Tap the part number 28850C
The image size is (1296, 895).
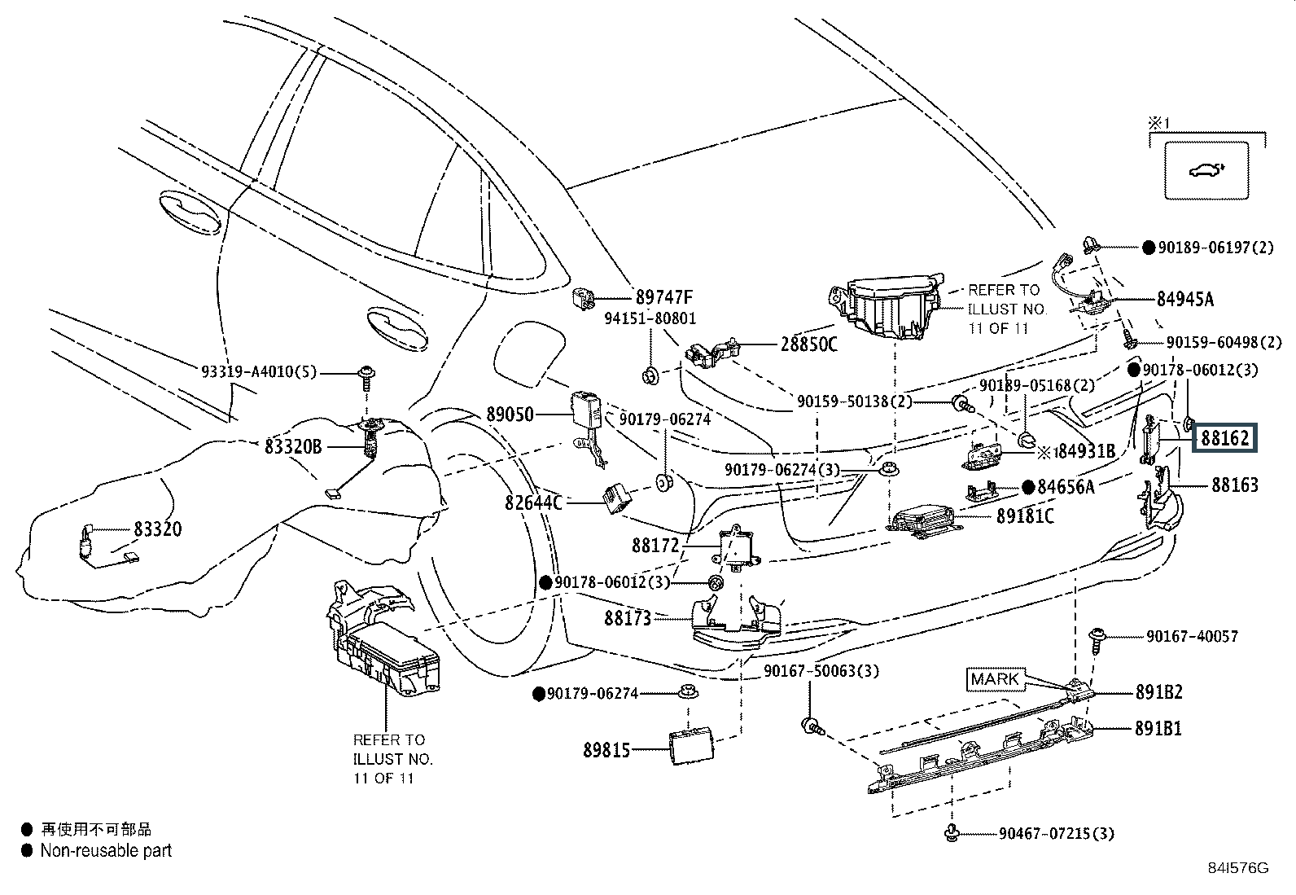(x=808, y=344)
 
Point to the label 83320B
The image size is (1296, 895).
(x=293, y=446)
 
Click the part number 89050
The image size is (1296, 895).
(x=510, y=415)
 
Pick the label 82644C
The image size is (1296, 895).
(x=533, y=502)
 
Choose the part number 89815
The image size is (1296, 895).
(x=606, y=749)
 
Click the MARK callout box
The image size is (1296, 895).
(x=995, y=679)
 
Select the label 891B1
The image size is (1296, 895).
(x=1158, y=728)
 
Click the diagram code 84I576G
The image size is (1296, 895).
(x=1237, y=868)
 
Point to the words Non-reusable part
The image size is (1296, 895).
(x=107, y=850)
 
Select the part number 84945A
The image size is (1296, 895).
(x=1184, y=299)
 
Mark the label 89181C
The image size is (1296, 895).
(x=1025, y=516)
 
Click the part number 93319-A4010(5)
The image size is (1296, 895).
(x=258, y=372)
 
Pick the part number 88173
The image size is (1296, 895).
(x=628, y=618)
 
